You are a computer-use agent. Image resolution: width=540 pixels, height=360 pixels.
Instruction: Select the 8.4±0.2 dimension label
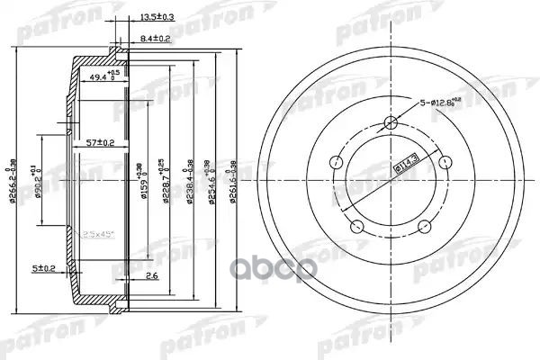(157, 38)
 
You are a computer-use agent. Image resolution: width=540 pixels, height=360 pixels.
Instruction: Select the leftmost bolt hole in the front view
(335, 163)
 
